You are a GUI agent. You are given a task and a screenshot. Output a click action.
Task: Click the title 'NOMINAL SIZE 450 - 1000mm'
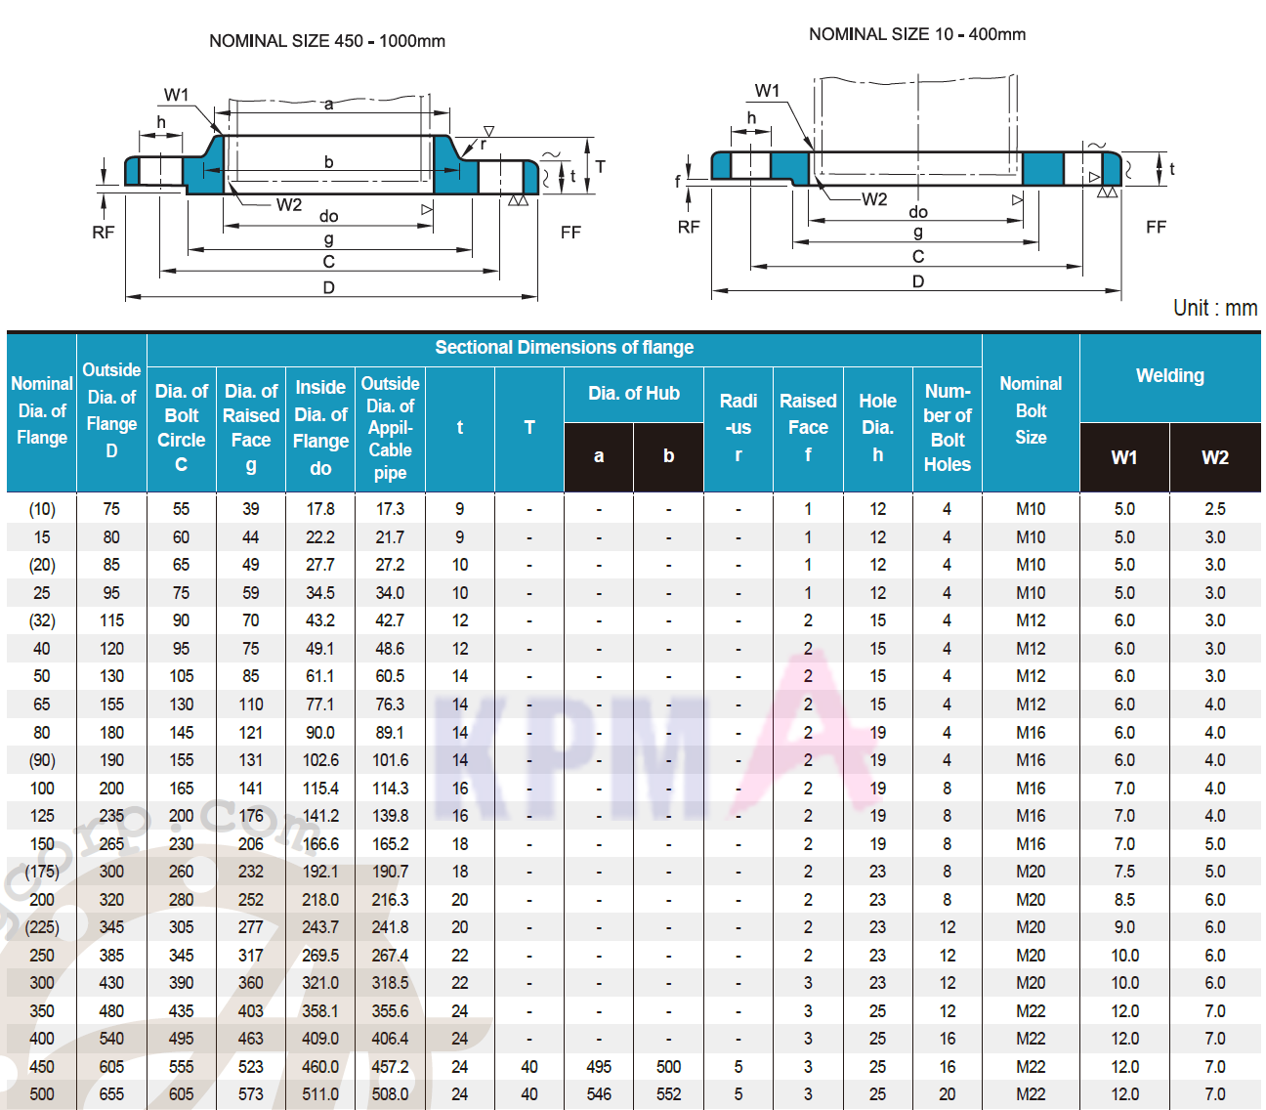point(327,41)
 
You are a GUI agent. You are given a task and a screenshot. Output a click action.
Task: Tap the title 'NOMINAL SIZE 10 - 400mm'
point(916,34)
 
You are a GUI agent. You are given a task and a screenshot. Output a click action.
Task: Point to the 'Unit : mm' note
point(1215,308)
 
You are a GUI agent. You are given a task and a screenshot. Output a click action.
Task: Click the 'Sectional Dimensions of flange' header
point(565,348)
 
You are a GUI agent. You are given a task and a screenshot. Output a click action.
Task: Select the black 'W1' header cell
point(1123,457)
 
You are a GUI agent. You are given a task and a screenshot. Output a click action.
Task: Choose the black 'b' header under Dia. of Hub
point(668,456)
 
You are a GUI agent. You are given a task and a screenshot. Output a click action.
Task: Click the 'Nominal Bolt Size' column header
point(1031,410)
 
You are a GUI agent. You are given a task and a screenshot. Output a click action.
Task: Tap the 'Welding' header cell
point(1169,375)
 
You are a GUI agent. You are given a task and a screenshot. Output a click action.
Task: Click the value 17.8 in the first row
point(320,509)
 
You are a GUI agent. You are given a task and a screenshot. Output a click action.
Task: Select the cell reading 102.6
point(320,760)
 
